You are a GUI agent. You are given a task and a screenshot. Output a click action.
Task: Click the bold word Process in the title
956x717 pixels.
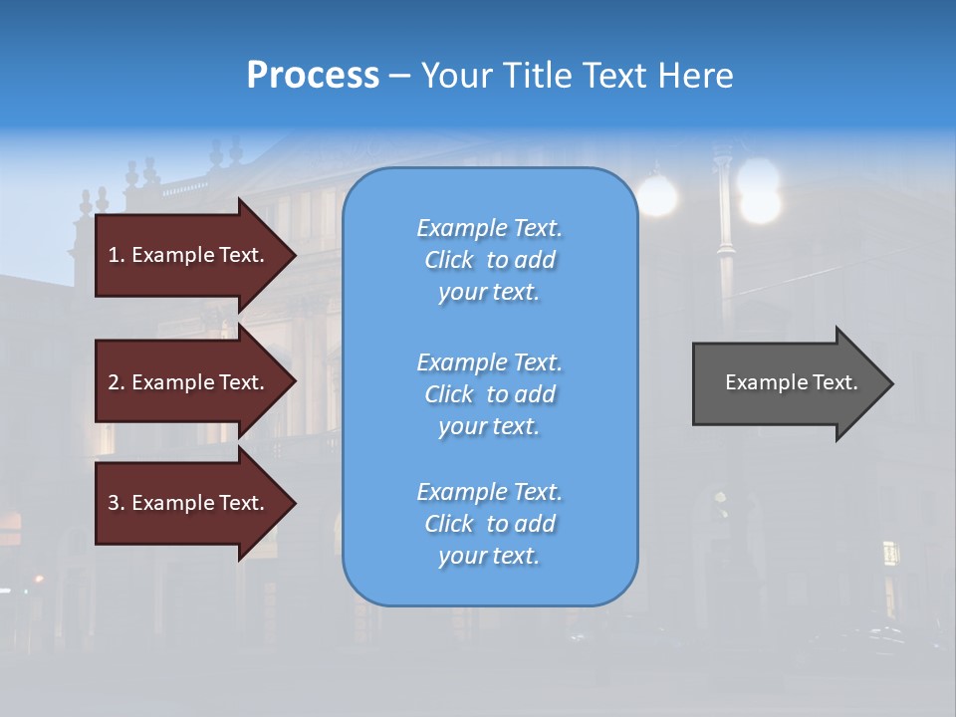click(313, 76)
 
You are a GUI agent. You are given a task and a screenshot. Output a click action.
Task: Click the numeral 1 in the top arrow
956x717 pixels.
click(113, 255)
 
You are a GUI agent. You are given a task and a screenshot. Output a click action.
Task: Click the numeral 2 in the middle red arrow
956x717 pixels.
click(113, 382)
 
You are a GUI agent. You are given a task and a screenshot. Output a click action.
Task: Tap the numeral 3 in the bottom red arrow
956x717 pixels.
click(113, 503)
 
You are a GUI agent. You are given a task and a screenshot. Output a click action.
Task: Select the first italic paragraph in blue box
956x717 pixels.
click(489, 260)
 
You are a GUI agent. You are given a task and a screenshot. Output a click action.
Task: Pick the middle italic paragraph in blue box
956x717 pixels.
click(489, 394)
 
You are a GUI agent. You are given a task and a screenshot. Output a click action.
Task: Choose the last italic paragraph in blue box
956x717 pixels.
click(489, 524)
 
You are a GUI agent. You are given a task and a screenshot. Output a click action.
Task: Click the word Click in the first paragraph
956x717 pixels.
click(449, 260)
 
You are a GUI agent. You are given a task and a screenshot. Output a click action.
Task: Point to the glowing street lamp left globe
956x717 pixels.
click(657, 195)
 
